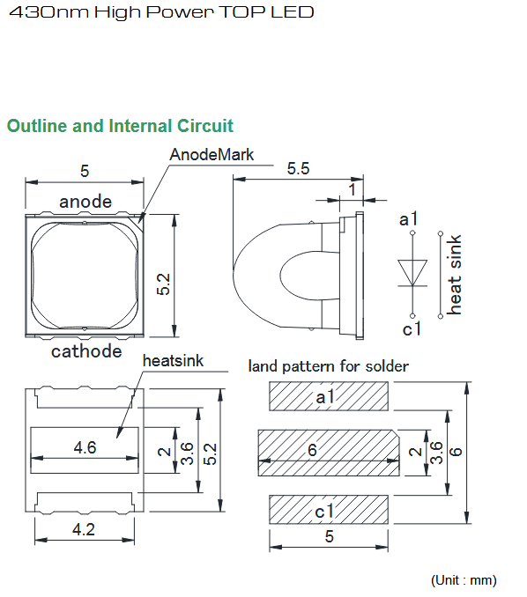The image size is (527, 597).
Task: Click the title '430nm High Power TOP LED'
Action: click(x=161, y=12)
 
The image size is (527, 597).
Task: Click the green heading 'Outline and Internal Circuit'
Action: click(x=120, y=126)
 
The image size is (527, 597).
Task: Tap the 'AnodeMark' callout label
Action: click(x=212, y=155)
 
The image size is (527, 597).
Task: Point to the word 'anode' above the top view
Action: click(x=85, y=202)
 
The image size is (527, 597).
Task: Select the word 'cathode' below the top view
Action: click(x=86, y=351)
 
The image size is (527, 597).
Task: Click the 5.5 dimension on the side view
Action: click(x=298, y=169)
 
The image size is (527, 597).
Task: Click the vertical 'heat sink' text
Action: click(x=454, y=275)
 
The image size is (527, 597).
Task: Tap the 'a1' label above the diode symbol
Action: click(x=409, y=219)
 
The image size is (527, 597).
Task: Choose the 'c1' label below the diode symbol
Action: click(x=412, y=328)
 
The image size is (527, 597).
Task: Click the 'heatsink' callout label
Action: click(x=173, y=360)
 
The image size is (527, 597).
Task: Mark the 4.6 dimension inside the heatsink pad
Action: click(x=85, y=447)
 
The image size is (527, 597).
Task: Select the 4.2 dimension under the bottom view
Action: click(x=84, y=529)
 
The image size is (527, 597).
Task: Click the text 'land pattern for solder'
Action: click(x=328, y=366)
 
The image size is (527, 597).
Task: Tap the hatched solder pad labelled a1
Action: click(x=329, y=396)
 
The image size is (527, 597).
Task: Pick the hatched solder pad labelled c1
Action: click(x=329, y=510)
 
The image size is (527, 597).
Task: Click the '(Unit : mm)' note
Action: click(x=464, y=580)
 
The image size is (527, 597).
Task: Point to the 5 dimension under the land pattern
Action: click(x=330, y=536)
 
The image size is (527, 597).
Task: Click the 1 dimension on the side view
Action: click(x=353, y=189)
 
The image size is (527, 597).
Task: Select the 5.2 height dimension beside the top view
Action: click(x=163, y=284)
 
